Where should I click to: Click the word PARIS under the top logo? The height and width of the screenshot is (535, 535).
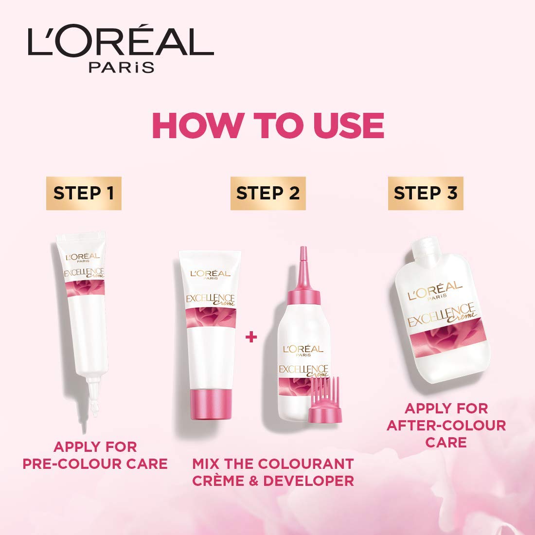122,67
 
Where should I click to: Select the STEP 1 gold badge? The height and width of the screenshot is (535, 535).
84,193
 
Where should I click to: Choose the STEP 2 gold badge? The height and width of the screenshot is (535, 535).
268,193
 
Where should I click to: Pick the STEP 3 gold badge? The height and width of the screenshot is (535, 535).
426,193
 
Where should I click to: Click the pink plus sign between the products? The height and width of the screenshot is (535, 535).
251,338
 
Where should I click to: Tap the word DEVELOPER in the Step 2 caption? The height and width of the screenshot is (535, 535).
308,481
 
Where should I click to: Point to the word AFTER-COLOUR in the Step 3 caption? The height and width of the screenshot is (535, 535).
446,426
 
